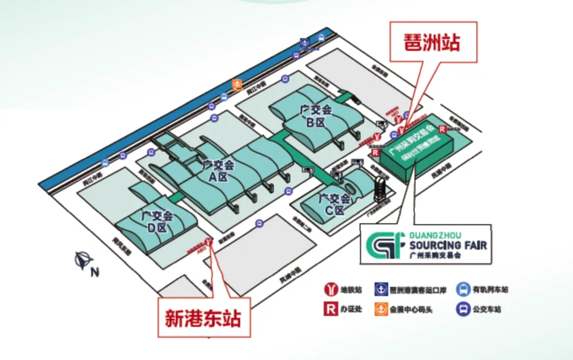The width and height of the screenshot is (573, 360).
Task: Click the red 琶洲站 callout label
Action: pyautogui.click(x=433, y=42)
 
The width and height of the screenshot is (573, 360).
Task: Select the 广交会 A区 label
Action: pyautogui.click(x=217, y=171)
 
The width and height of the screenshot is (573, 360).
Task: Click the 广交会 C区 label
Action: pyautogui.click(x=334, y=204)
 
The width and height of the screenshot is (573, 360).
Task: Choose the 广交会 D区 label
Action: pyautogui.click(x=158, y=222)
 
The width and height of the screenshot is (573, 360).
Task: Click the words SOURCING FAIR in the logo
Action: pyautogui.click(x=448, y=245)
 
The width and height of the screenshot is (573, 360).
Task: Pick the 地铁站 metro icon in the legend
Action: pyautogui.click(x=331, y=289)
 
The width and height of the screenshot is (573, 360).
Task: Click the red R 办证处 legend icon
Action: pyautogui.click(x=331, y=309)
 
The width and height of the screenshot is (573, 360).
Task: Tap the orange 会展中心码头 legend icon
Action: pyautogui.click(x=380, y=309)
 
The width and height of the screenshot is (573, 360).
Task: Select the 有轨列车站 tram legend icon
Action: pyautogui.click(x=463, y=289)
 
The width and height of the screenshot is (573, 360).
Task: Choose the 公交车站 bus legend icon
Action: pyautogui.click(x=463, y=309)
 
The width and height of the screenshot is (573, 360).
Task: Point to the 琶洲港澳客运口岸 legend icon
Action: pyautogui.click(x=380, y=289)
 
